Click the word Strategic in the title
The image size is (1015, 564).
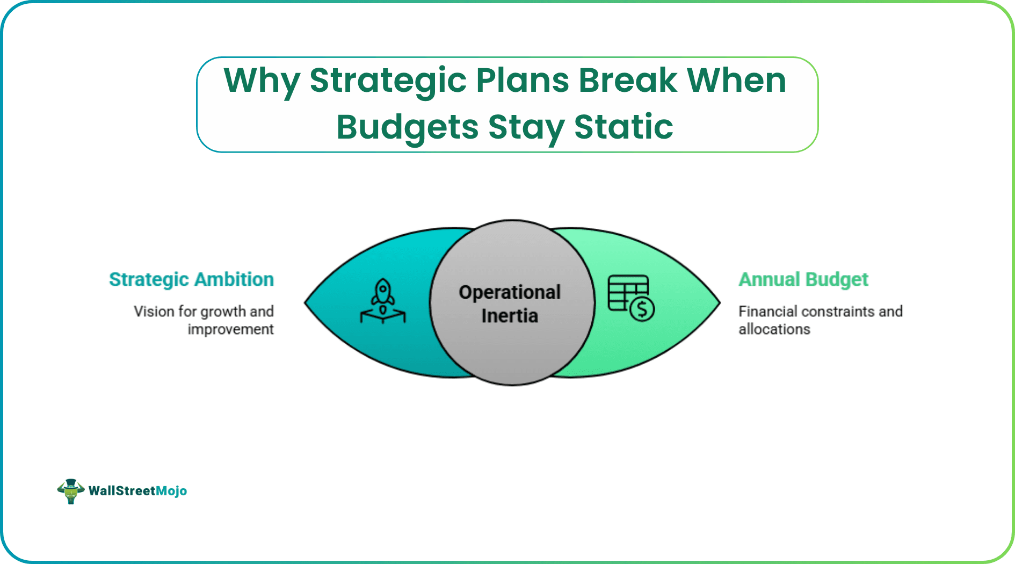(388, 81)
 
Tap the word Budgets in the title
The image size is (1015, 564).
(407, 127)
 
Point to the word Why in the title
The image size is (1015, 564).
(262, 81)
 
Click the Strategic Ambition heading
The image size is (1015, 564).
(191, 279)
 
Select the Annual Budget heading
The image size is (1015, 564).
(803, 279)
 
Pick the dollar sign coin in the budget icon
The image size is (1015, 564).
(642, 309)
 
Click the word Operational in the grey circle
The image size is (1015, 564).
(510, 292)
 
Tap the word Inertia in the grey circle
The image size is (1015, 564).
(510, 316)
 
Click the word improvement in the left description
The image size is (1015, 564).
(230, 329)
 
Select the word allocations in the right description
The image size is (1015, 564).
(774, 329)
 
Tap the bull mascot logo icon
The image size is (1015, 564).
(70, 491)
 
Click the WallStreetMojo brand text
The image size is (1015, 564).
(137, 491)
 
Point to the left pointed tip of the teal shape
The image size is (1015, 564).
(306, 302)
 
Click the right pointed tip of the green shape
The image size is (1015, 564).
(719, 302)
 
